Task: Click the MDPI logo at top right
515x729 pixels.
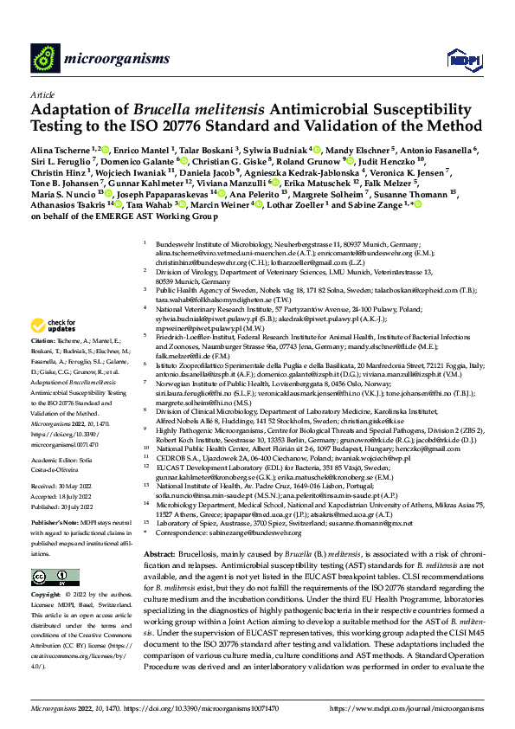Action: pyautogui.click(x=459, y=59)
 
